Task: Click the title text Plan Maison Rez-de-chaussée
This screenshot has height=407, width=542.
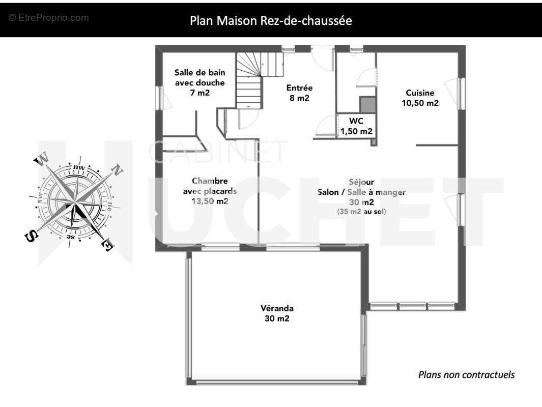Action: [x=271, y=21]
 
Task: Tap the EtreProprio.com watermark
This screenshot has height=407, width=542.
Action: [x=49, y=18]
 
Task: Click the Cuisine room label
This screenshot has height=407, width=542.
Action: [x=420, y=93]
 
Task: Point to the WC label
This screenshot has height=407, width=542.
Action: [x=356, y=121]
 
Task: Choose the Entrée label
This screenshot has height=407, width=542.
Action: [x=299, y=88]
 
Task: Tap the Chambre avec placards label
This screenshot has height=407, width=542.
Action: [x=210, y=186]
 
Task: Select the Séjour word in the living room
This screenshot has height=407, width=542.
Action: [x=361, y=182]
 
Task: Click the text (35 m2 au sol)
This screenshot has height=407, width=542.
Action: [x=361, y=212]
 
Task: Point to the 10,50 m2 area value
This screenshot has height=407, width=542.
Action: [x=420, y=103]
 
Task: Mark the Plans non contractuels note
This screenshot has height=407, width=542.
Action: [x=466, y=374]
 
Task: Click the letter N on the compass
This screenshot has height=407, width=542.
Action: [x=117, y=170]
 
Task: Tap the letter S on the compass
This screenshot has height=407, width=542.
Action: [x=31, y=237]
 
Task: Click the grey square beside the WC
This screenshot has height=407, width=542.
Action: [x=368, y=105]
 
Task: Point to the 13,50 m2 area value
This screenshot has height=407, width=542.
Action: [x=210, y=201]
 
